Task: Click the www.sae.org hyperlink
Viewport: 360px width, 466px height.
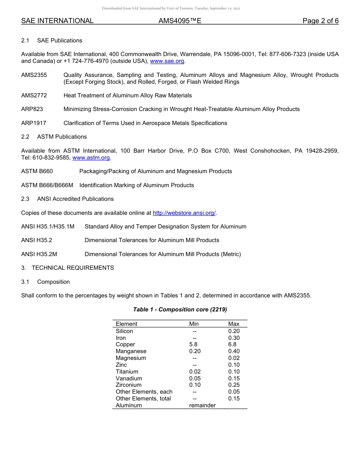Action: pos(167,61)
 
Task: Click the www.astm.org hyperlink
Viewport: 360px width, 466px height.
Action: pos(91,158)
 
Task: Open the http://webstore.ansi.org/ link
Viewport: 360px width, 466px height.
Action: pos(184,213)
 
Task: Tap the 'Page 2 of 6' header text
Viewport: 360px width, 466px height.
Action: pos(320,21)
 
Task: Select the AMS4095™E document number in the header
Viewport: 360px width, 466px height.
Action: pos(180,21)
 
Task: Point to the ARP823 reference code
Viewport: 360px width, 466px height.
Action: pos(32,109)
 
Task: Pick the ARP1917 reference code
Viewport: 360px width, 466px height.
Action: pos(34,123)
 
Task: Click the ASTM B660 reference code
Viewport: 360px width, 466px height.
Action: pos(37,171)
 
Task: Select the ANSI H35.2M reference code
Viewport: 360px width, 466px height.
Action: pos(39,254)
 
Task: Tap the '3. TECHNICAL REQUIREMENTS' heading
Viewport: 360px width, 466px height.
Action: pos(67,268)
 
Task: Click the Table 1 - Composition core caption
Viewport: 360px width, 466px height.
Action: pos(180,310)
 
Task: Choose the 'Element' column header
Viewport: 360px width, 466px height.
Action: pos(127,324)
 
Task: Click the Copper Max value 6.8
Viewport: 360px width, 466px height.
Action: pos(232,344)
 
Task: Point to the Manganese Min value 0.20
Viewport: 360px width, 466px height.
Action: pos(195,351)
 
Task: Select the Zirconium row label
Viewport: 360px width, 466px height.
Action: pos(128,385)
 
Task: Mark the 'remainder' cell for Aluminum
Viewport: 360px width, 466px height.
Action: pos(202,405)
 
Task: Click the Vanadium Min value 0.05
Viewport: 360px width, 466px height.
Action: pos(195,378)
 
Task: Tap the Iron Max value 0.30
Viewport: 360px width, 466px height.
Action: pos(234,338)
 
